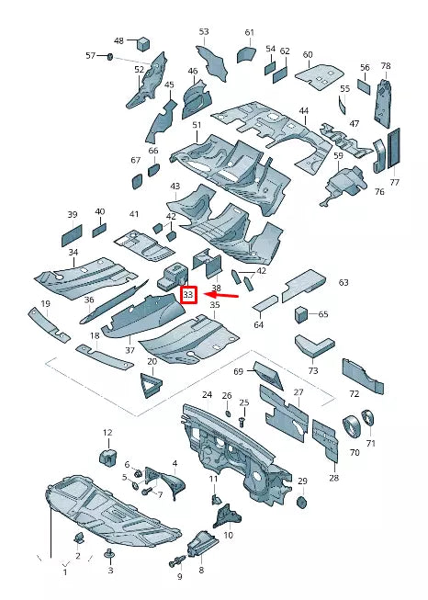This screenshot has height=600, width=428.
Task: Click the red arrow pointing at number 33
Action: coord(221,295)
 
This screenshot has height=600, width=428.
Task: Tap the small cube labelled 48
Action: coord(143,43)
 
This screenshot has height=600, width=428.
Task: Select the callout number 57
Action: coord(90,56)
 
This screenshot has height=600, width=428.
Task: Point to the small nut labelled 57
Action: coord(109,57)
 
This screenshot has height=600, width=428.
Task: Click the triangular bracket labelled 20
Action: coord(151,385)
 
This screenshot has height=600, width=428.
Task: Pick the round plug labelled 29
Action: coord(302,502)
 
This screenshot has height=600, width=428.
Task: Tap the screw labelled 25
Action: coord(242,422)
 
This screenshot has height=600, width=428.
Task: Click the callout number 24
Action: coord(207,394)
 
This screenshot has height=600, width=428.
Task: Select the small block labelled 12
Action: coord(108,457)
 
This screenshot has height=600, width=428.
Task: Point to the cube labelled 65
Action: coord(301,314)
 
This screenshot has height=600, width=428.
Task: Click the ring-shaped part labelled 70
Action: coord(353,425)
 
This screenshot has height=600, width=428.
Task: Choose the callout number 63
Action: coord(344,282)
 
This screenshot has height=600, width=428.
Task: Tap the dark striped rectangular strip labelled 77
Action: coord(394,149)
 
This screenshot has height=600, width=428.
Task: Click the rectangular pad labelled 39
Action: coord(72,236)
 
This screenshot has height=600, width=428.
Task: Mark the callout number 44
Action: coord(304,111)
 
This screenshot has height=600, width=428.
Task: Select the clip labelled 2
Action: coord(79,538)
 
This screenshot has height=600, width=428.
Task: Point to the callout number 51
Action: coord(197,125)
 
